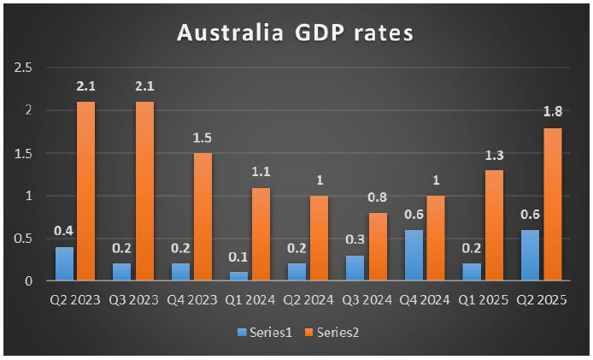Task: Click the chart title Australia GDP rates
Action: coord(295,32)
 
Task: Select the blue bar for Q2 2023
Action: coord(64,264)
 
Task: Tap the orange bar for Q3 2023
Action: coord(145,192)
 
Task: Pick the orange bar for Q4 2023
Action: coord(203,217)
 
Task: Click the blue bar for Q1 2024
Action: coord(239,276)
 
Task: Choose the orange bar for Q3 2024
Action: coord(378,247)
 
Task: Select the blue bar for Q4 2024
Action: coord(414,256)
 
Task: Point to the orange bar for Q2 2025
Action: coord(553,204)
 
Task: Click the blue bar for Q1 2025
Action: coord(472,272)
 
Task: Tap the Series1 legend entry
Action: coord(265,333)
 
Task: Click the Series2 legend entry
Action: coord(332,333)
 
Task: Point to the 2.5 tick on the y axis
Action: coord(23,68)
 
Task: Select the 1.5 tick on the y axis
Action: coord(23,153)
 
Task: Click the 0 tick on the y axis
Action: coord(29,281)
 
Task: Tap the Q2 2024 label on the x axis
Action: coord(308,300)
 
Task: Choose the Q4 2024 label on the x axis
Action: coord(425,300)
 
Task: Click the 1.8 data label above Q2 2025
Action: coord(553,112)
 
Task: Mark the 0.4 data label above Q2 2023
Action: coord(63,231)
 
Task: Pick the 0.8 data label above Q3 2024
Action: coord(378,197)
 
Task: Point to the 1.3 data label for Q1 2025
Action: coord(494,156)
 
